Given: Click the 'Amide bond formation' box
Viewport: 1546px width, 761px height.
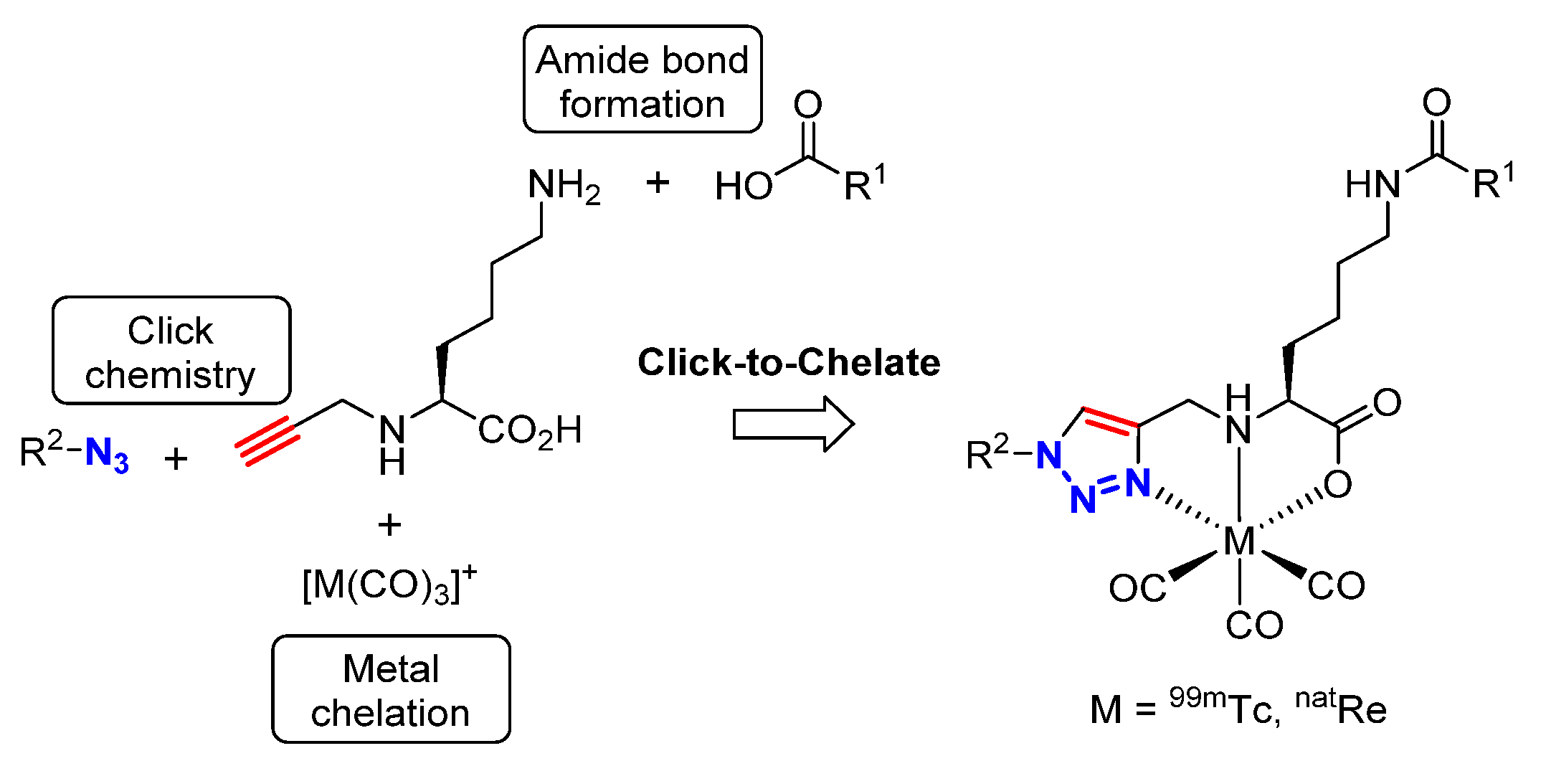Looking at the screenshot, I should [642, 80].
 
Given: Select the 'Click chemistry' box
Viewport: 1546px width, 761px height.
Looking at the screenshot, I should [171, 351].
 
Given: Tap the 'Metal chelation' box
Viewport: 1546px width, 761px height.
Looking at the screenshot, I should [391, 689].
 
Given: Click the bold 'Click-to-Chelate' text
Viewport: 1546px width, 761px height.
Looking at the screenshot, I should [789, 362].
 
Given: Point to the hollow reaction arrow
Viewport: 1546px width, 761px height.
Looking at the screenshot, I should [792, 424].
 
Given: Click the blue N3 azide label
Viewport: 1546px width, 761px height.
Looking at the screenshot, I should [107, 455].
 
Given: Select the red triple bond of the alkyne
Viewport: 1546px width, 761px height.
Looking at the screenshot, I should [267, 442].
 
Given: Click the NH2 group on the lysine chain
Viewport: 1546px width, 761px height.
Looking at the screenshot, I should [563, 186].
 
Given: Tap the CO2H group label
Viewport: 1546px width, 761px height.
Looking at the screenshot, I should [529, 432].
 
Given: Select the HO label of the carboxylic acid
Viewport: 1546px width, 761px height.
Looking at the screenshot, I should [744, 187].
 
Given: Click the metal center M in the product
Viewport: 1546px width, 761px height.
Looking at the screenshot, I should [1239, 541].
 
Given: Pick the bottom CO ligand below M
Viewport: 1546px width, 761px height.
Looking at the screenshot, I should [1253, 625].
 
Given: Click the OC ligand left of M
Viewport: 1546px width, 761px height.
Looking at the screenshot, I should [1137, 589].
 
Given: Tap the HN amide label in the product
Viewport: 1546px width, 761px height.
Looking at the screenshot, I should [1372, 185].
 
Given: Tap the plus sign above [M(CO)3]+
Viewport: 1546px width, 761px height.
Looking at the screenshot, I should [389, 525].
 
